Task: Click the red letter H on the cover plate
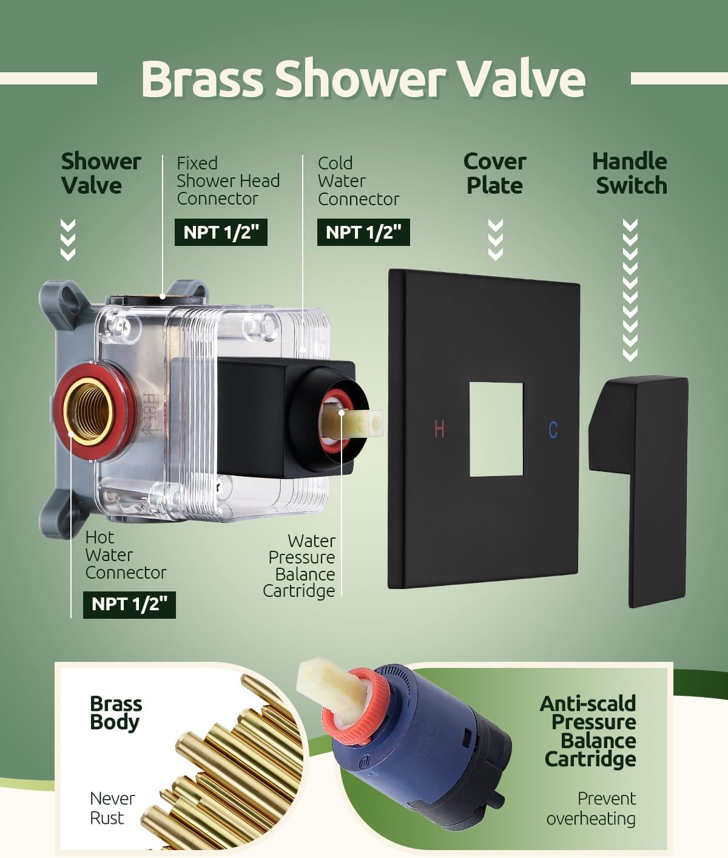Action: (x=439, y=429)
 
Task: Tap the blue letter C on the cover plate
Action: (x=553, y=430)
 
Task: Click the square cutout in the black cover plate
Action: (x=496, y=429)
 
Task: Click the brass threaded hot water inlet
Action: (x=88, y=411)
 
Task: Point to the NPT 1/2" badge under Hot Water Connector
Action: (x=129, y=604)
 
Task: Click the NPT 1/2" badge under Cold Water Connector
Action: (x=363, y=232)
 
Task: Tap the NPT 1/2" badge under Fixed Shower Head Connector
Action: (x=221, y=232)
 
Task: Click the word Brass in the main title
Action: (x=202, y=78)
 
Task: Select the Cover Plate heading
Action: (x=495, y=173)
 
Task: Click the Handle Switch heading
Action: (x=630, y=173)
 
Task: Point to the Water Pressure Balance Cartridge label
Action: (x=299, y=565)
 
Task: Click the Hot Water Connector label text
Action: (x=126, y=555)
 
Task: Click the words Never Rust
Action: (x=112, y=808)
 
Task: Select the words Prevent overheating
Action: (x=591, y=808)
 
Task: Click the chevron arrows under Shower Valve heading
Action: (x=68, y=240)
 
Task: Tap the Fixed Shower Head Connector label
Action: (x=227, y=180)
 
